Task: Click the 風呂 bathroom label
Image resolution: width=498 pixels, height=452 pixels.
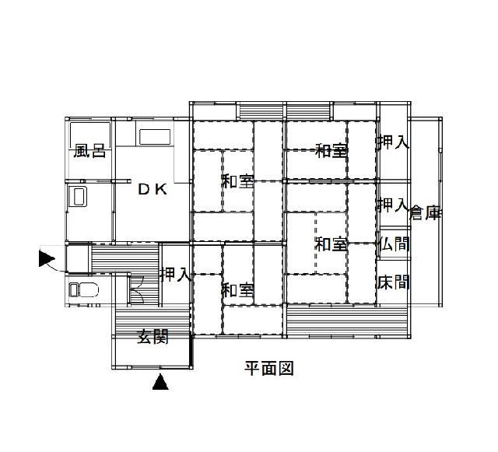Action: tap(89, 151)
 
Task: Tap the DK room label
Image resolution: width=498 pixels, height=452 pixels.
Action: tap(153, 190)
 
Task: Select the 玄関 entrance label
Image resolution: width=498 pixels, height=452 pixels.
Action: tap(153, 336)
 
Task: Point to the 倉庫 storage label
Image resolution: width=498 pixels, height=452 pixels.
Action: tap(426, 213)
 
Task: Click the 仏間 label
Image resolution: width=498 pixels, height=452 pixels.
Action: tap(394, 244)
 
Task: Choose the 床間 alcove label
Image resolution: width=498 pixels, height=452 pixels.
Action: tap(394, 282)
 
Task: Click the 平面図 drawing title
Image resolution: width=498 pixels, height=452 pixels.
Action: tap(269, 369)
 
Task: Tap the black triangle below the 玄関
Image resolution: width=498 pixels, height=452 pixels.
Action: tap(160, 381)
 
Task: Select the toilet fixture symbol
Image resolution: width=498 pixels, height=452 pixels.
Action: tap(84, 290)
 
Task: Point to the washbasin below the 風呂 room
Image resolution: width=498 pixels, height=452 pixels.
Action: tap(76, 197)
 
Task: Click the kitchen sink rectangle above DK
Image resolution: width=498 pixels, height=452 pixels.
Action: tap(155, 137)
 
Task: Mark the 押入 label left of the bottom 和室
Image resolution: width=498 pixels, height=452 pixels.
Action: tap(176, 275)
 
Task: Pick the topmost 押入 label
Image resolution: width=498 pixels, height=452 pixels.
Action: tap(393, 142)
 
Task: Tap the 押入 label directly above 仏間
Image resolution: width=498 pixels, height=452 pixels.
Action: tap(393, 205)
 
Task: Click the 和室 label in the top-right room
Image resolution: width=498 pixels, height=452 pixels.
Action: tap(331, 151)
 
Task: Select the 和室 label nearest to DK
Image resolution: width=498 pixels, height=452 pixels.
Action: tap(238, 181)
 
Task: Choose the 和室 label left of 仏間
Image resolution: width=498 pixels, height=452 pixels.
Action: tap(331, 244)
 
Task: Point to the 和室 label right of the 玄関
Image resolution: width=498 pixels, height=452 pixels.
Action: tap(238, 290)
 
